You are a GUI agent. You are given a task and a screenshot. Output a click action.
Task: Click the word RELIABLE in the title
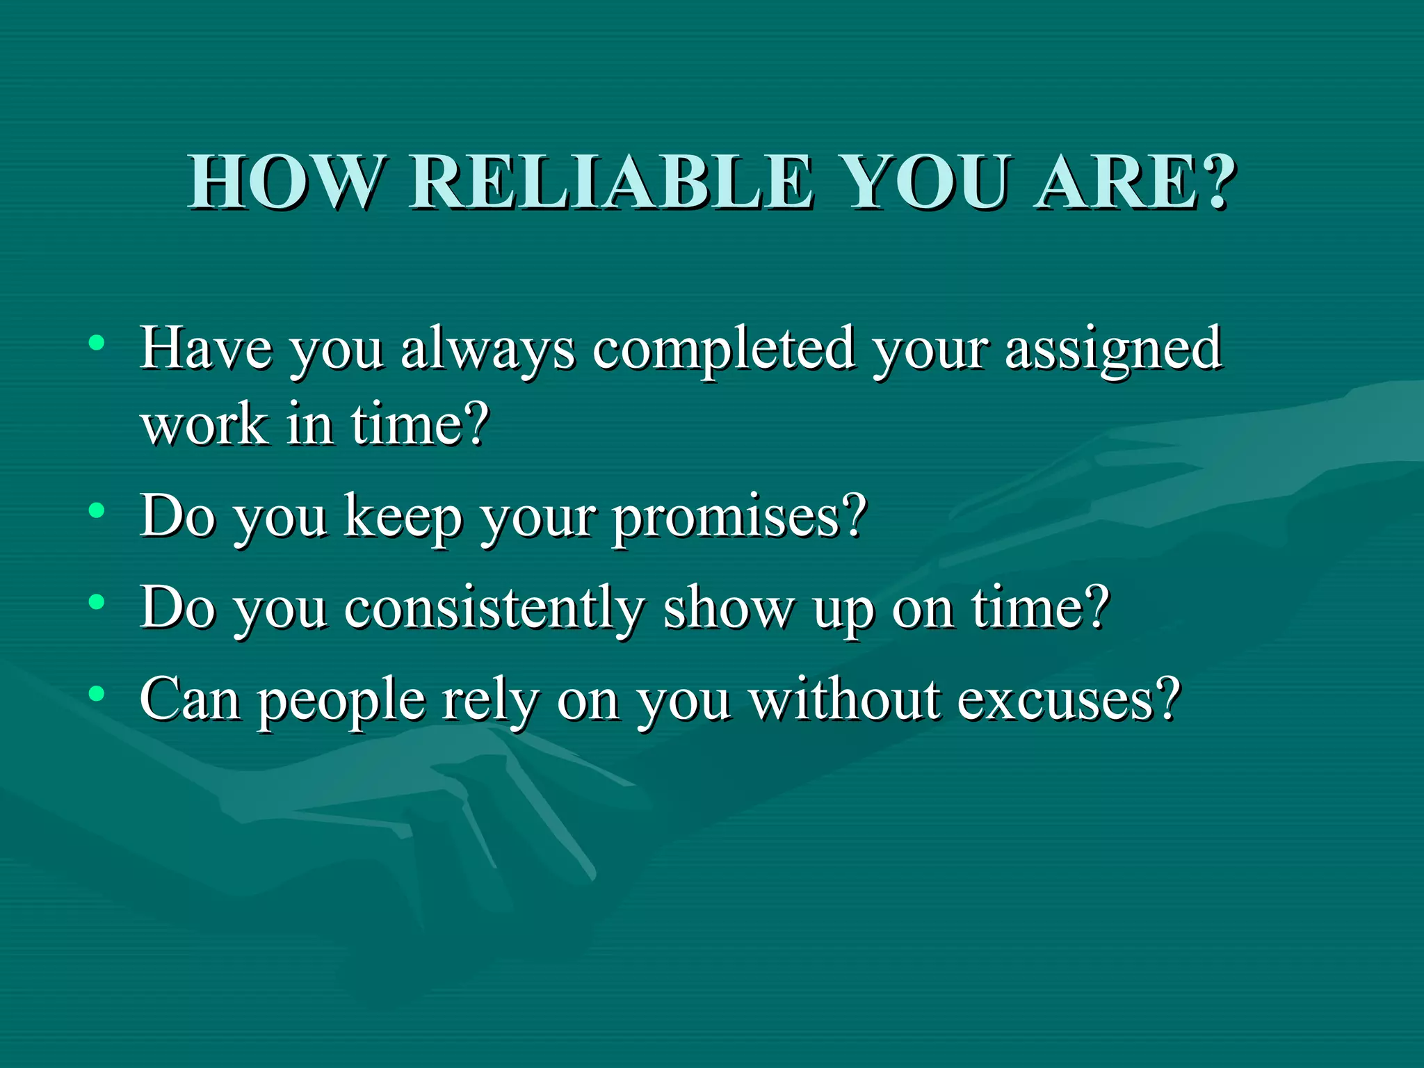click(x=610, y=182)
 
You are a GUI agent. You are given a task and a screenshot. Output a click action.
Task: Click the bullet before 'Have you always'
click(x=97, y=343)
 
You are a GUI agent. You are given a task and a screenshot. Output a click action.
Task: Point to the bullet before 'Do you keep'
click(x=97, y=511)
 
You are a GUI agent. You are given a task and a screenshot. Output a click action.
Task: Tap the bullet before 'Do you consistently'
click(x=97, y=602)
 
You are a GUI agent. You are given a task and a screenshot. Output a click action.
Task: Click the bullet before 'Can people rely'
click(x=97, y=693)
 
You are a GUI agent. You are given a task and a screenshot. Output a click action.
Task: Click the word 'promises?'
click(x=740, y=519)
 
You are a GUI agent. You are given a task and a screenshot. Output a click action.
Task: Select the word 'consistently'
click(x=494, y=609)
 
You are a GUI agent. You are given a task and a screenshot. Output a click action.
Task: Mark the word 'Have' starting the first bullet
click(x=206, y=348)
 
